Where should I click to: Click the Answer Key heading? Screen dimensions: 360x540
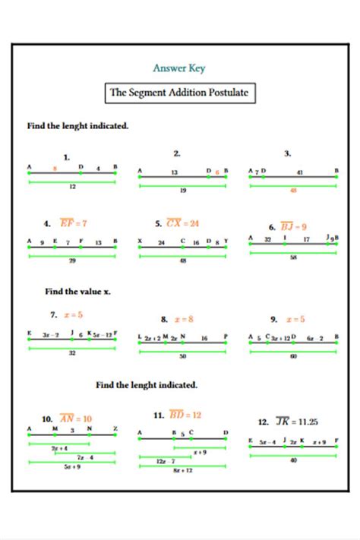pos(179,68)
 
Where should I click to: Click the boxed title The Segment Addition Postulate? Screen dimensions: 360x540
pos(179,93)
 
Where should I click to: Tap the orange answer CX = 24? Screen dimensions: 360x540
pos(182,223)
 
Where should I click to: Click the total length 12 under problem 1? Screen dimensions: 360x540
pos(72,186)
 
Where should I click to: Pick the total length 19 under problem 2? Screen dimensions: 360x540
pos(182,191)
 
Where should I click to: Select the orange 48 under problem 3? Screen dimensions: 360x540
pos(293,191)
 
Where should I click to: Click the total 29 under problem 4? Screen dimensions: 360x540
pos(72,260)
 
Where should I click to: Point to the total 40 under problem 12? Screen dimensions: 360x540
pos(293,460)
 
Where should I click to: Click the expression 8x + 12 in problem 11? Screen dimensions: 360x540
pos(182,471)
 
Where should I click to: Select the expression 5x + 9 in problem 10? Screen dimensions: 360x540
pos(72,466)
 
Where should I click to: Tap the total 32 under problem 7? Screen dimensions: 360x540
pos(72,352)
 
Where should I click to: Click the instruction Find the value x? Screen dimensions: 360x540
pos(77,290)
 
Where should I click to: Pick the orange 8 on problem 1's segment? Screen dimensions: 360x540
pos(54,168)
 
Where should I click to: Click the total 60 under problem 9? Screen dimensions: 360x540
pos(293,355)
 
